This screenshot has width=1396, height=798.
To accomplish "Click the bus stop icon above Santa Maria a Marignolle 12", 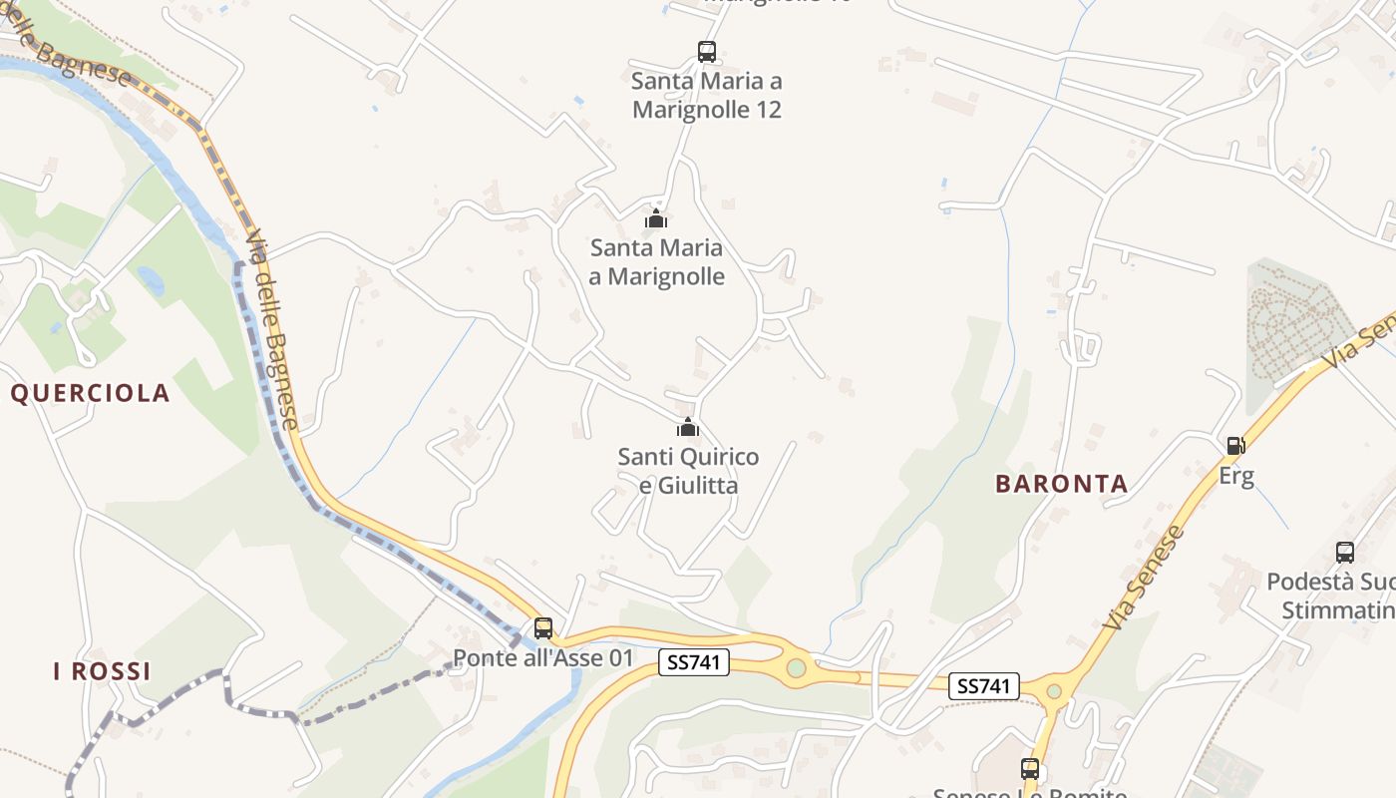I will coord(706,51).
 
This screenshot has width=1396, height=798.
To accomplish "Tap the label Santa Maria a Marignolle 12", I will coord(707,95).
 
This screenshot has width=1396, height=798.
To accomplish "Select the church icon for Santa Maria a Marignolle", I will coord(656,217).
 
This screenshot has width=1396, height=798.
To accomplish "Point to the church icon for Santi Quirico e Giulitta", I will coord(688,427).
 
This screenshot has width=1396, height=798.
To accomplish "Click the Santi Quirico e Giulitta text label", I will coord(688,471).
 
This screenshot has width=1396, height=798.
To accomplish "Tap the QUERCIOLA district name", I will coord(91,393).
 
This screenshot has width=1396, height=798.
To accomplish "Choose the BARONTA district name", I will coord(1062,484).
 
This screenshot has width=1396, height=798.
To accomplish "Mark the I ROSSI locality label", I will coord(102,671).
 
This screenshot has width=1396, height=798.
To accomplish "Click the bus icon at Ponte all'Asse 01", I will coord(543,627).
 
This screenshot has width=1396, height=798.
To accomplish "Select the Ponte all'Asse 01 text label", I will coord(543,657).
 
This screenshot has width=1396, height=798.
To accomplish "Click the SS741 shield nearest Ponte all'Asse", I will coord(694,661).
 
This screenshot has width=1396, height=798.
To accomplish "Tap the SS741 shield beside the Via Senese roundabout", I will coord(985,685).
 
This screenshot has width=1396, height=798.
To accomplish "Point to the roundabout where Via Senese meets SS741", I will coord(1054,690).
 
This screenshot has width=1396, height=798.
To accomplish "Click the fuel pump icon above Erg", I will coord(1235,445).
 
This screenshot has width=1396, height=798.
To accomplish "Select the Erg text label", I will coord(1236,475).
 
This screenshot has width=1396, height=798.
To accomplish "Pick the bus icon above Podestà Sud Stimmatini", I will coord(1345,552).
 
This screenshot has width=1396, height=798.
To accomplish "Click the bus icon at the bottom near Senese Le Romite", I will coord(1030,768).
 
